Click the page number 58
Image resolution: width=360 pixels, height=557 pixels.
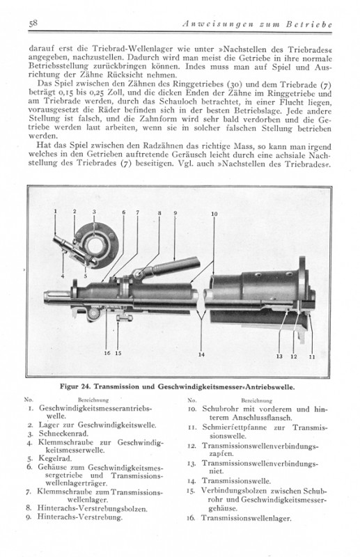[33, 24]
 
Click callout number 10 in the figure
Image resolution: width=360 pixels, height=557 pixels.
[214, 214]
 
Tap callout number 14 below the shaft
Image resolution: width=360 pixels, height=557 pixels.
[201, 354]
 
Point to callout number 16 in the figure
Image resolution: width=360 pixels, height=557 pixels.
[107, 353]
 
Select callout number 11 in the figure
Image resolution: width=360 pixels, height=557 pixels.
[312, 356]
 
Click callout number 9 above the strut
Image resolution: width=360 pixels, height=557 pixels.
[175, 213]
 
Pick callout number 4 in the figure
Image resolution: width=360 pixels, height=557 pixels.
[63, 276]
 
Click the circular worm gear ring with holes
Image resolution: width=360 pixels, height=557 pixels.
[97, 245]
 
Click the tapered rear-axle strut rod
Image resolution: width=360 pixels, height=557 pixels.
[174, 267]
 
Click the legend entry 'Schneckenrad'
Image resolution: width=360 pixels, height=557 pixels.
[63, 433]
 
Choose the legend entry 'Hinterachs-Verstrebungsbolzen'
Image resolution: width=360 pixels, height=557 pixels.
[92, 508]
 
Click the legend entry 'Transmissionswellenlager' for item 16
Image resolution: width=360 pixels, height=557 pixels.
[246, 518]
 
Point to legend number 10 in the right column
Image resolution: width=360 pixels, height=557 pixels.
[193, 409]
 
